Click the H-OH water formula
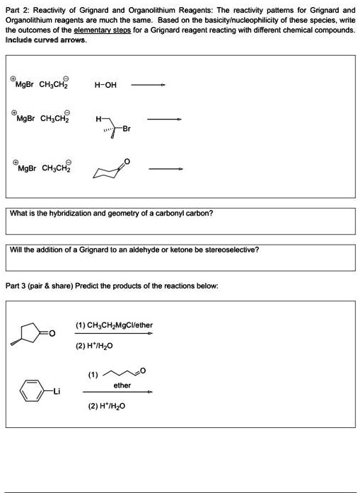pyautogui.click(x=105, y=86)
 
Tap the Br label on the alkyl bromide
pyautogui.click(x=127, y=129)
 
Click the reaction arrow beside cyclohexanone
pyautogui.click(x=168, y=168)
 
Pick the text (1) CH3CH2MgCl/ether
pyautogui.click(x=114, y=325)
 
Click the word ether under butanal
pyautogui.click(x=122, y=385)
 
